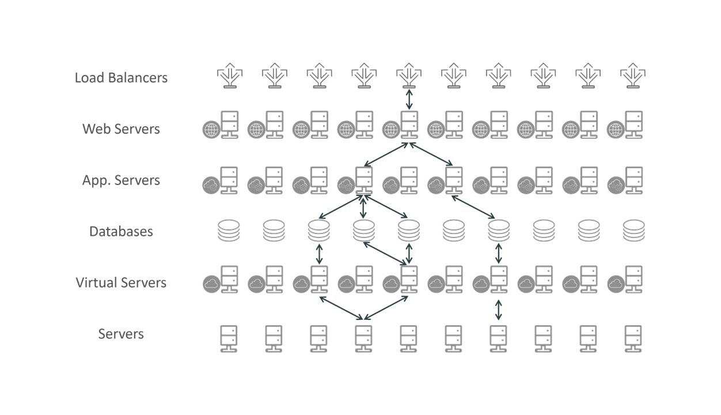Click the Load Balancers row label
[121, 77]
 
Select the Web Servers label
[121, 129]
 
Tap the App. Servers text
[121, 180]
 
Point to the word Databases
[121, 231]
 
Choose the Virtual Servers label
[121, 282]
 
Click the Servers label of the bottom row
[121, 334]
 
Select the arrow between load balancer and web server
[409, 99]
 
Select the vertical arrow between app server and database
[363, 206]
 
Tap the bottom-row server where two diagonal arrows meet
[363, 338]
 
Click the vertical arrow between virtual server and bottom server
[499, 309]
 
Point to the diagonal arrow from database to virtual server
[385, 252]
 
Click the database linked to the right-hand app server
[499, 231]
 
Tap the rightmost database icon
[633, 231]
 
